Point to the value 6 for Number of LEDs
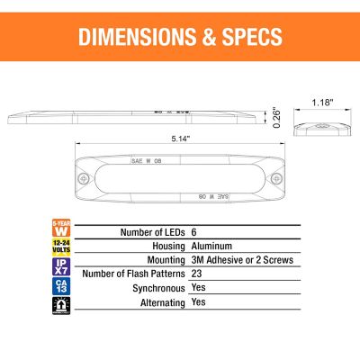click(193, 231)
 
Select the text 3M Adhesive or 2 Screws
click(242, 260)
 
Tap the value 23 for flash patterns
click(196, 274)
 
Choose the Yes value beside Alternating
click(199, 303)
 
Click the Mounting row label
click(159, 260)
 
